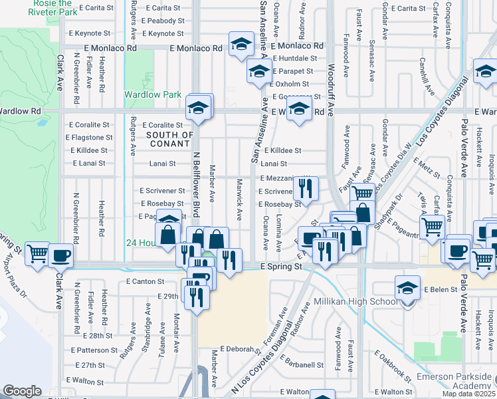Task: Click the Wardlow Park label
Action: point(153,94)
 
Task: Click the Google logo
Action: point(22,391)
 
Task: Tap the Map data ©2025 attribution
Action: point(468,394)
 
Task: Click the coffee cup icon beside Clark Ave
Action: point(61,255)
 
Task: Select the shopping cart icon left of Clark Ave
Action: point(38,253)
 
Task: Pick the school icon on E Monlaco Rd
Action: point(241,45)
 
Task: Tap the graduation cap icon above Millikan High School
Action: point(407,288)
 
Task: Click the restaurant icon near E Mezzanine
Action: point(306,188)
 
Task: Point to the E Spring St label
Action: point(280,266)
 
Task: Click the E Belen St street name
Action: point(443,290)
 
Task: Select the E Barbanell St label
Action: point(302,364)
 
